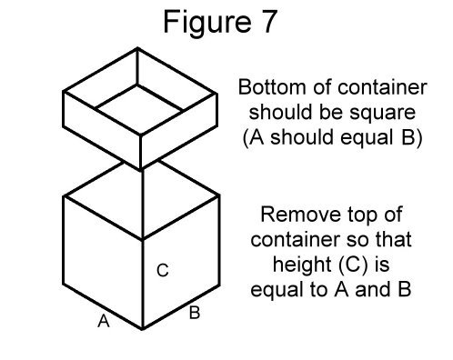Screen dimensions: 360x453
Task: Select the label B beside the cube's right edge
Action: (194, 315)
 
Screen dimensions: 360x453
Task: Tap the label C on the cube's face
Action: (161, 270)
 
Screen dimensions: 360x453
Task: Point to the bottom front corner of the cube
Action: (142, 329)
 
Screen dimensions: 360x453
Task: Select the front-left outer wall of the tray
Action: (100, 127)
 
